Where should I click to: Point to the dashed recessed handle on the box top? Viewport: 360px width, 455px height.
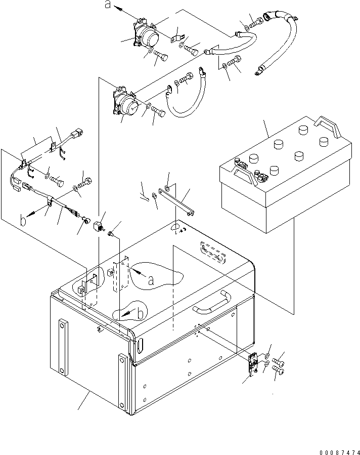pos(212,252)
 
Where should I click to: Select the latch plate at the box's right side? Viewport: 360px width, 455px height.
pos(253,365)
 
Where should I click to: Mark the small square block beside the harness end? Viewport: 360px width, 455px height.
pos(98,224)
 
